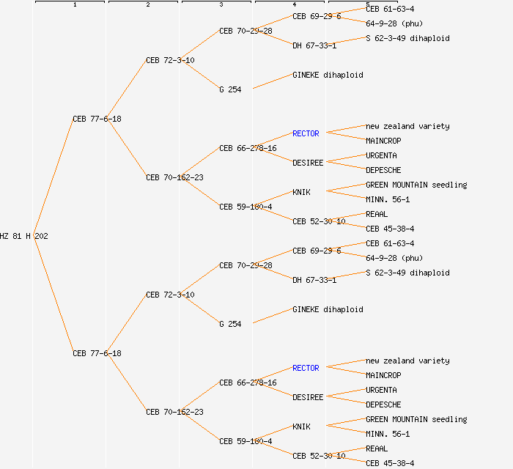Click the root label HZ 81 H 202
pos(24,236)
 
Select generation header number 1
pos(74,5)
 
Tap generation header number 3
pos(221,5)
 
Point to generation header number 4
pos(294,5)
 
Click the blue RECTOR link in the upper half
pos(306,133)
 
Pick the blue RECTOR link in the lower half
pos(306,368)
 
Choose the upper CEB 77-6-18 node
pos(97,119)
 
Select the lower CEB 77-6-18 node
pos(97,353)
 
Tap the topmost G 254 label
pos(230,89)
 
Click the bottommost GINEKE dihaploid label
pos(328,309)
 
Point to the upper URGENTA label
pos(381,155)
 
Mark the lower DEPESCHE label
pos(383,405)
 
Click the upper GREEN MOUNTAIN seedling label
pos(416,185)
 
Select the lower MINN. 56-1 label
pos(388,434)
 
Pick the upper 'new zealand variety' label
pos(407,126)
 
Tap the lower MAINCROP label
pos(383,375)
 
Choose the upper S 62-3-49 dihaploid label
pos(407,38)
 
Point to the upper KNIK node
pos(301,192)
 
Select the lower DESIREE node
pos(308,397)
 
